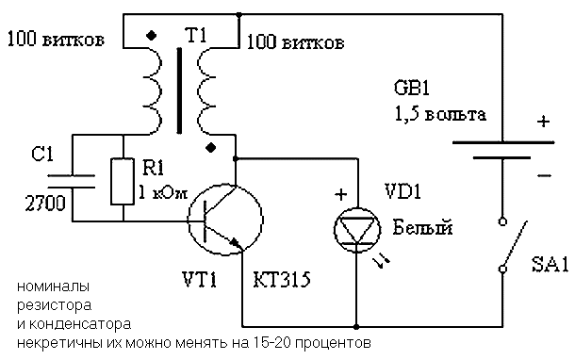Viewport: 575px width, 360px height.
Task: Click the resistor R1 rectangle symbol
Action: (123, 181)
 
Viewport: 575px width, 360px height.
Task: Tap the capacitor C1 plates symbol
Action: (72, 182)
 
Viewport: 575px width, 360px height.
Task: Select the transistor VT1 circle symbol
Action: (225, 220)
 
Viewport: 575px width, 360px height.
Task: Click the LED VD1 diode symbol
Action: (357, 230)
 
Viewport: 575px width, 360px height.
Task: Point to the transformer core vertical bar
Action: (179, 90)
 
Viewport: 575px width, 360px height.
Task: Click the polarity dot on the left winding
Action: (151, 35)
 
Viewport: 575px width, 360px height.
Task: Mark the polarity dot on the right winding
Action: (210, 148)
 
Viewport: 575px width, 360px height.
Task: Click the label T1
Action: (197, 36)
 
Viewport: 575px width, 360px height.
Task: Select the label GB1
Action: (411, 88)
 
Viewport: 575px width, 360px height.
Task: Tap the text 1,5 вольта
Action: (440, 114)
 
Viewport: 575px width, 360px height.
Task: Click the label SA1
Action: (550, 264)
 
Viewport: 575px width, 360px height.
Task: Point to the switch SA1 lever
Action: (516, 243)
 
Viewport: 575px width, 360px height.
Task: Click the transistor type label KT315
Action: (282, 280)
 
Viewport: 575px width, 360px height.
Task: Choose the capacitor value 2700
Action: (45, 204)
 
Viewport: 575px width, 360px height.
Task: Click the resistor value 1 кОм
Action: (163, 192)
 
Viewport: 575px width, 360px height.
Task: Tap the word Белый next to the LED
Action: (423, 227)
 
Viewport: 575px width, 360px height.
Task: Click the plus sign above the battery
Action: (544, 122)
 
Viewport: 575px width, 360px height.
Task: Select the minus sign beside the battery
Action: (545, 175)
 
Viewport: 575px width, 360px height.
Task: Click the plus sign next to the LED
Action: (341, 194)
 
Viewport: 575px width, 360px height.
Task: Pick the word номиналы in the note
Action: (54, 286)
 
